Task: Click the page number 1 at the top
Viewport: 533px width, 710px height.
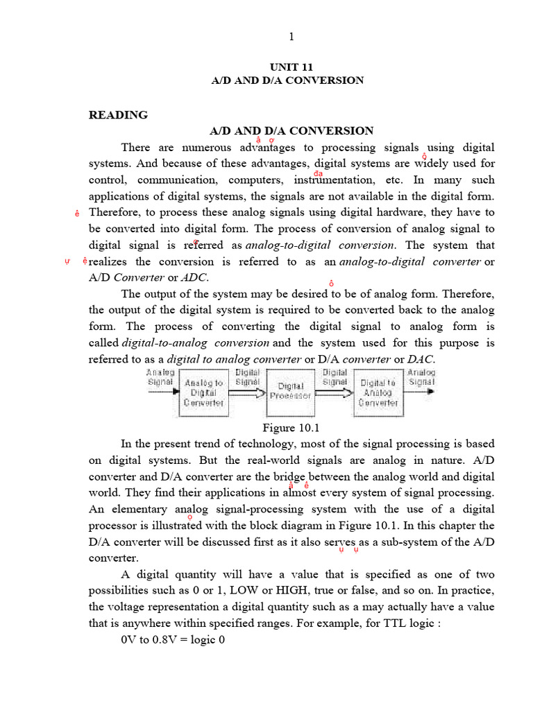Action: point(292,37)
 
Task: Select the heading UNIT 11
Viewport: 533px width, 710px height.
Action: point(287,67)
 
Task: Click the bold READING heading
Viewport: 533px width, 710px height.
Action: point(118,114)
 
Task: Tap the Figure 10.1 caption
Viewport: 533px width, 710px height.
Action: point(286,426)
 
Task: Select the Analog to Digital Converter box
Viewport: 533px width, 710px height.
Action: point(203,392)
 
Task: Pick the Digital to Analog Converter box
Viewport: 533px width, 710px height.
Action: point(378,392)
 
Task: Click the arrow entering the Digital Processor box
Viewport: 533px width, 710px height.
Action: point(246,392)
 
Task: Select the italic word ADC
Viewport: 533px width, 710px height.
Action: point(194,277)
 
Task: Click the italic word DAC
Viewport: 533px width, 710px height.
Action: point(421,359)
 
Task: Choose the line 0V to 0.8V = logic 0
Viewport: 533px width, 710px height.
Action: point(173,640)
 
